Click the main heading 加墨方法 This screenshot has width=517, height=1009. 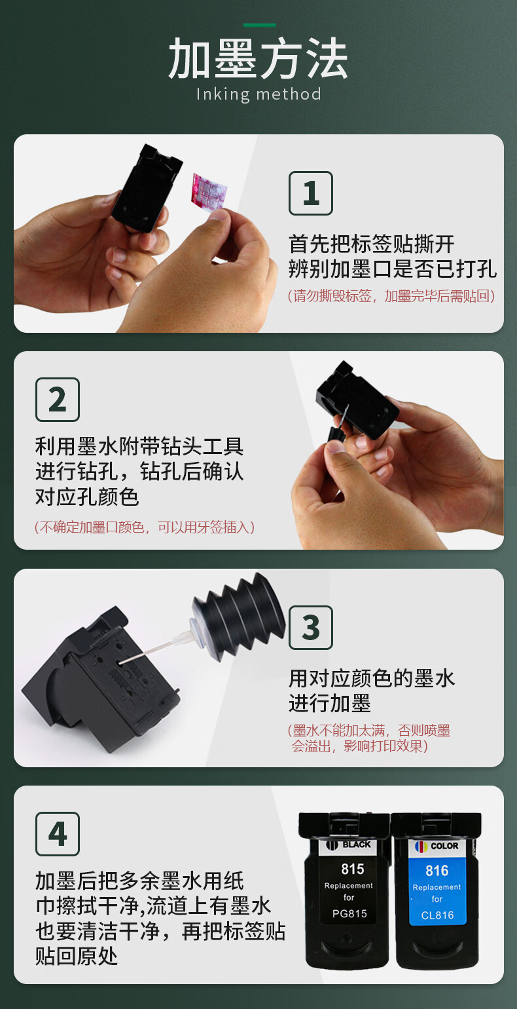pos(258,58)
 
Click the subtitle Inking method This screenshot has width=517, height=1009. pos(258,94)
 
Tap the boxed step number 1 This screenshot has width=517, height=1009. pos(310,193)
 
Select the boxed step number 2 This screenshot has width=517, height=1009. pos(58,400)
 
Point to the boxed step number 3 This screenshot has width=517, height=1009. pos(310,628)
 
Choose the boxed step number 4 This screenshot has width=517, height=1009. pos(58,834)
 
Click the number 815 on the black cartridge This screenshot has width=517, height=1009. pos(352,869)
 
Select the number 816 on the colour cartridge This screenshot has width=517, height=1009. pos(437,870)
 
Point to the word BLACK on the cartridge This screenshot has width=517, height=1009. pos(357,844)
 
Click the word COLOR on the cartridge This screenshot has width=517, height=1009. pos(444,846)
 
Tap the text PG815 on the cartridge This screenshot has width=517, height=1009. pos(349,913)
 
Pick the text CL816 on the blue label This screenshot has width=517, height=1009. pos(437,915)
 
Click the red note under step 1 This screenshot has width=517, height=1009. pos(391,296)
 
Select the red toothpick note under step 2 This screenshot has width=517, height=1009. pos(145,527)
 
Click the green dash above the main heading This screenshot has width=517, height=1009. pos(259,25)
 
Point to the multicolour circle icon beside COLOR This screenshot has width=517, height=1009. pos(421,847)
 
